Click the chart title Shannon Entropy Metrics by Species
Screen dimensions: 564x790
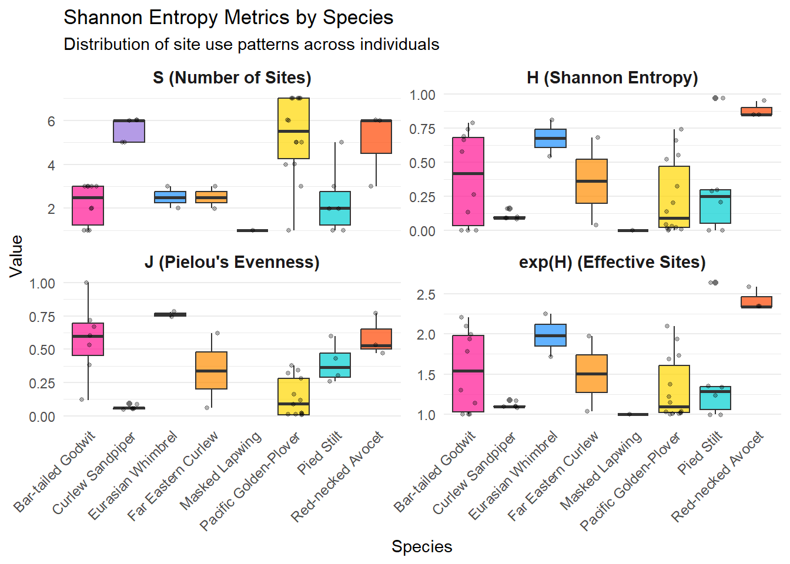click(x=228, y=18)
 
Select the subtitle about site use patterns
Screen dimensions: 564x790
click(x=251, y=45)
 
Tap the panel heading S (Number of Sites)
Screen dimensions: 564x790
click(x=232, y=78)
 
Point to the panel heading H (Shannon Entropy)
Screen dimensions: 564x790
click(x=612, y=78)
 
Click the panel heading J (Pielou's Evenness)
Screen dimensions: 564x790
click(x=232, y=262)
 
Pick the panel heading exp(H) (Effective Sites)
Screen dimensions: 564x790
click(x=612, y=262)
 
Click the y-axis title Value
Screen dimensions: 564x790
click(x=16, y=256)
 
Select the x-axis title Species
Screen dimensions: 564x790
click(x=421, y=546)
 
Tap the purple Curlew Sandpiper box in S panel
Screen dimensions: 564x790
click(x=129, y=131)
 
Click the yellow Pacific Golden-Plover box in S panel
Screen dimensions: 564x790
click(x=294, y=128)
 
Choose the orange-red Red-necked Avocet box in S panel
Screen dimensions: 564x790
click(x=376, y=136)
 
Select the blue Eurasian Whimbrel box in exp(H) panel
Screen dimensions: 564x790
click(x=551, y=335)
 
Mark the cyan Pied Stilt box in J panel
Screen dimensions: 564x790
click(x=335, y=365)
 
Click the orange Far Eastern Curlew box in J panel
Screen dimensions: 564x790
click(x=212, y=370)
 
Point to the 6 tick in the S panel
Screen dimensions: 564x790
click(x=51, y=121)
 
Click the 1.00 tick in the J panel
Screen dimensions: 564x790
click(x=42, y=283)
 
